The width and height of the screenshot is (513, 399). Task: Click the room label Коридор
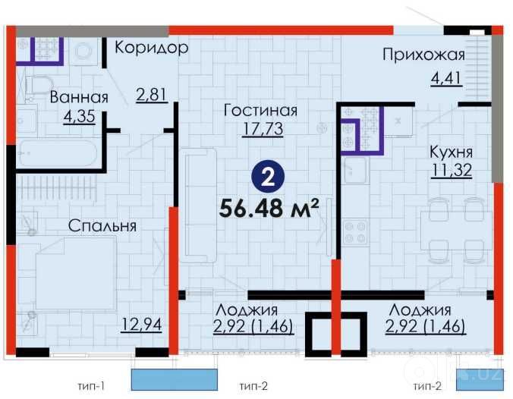pyautogui.click(x=152, y=48)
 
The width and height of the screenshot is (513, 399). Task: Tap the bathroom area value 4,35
pyautogui.click(x=80, y=116)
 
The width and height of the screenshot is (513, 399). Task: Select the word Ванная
pyautogui.click(x=79, y=97)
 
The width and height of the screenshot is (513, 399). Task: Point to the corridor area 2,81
pyautogui.click(x=152, y=95)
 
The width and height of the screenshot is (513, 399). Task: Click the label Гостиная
pyautogui.click(x=260, y=110)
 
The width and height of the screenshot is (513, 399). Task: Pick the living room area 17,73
pyautogui.click(x=263, y=129)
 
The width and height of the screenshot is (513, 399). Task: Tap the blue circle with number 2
pyautogui.click(x=268, y=177)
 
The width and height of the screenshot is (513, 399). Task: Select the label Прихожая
pyautogui.click(x=423, y=55)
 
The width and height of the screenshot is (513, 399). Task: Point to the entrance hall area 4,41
pyautogui.click(x=446, y=78)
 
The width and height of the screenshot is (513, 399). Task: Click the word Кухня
pyautogui.click(x=451, y=152)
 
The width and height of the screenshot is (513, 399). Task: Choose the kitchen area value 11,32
pyautogui.click(x=452, y=170)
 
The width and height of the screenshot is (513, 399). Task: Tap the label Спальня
pyautogui.click(x=102, y=226)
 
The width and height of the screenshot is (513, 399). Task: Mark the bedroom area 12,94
pyautogui.click(x=141, y=325)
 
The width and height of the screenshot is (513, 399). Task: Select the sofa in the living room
pyautogui.click(x=199, y=206)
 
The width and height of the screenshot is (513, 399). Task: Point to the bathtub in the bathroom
pyautogui.click(x=58, y=154)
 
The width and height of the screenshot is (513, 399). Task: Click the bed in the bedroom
pyautogui.click(x=76, y=273)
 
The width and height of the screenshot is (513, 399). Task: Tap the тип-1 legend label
pyautogui.click(x=91, y=386)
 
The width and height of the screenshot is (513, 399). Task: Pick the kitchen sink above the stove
pyautogui.click(x=356, y=170)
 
